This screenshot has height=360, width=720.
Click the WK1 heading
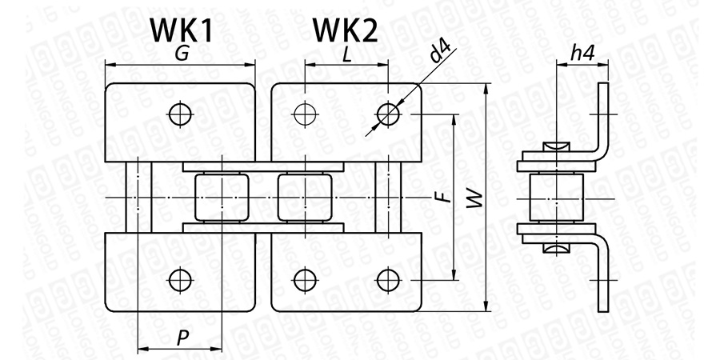pos(182,31)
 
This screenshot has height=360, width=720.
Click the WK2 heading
pos(346,31)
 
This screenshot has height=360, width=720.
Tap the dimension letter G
pos(182,54)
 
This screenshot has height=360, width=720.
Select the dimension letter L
pos(347,54)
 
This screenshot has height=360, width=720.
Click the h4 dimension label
pos(582,54)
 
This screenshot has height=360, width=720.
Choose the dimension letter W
pos(475,199)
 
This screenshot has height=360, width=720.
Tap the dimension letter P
pos(182,339)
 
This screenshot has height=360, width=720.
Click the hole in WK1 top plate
pos(180,114)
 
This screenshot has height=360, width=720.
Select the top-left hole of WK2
pos(305,114)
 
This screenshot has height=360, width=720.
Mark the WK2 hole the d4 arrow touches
pos(388,114)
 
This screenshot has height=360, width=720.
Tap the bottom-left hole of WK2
pos(305,280)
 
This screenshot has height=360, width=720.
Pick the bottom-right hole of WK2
pos(388,280)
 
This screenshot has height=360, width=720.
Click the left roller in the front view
pos(222,198)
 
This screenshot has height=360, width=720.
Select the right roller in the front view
pos(305,198)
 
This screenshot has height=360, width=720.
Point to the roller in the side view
pos(557,198)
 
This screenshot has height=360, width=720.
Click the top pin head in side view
pos(557,146)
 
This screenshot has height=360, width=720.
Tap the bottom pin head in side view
pos(557,249)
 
